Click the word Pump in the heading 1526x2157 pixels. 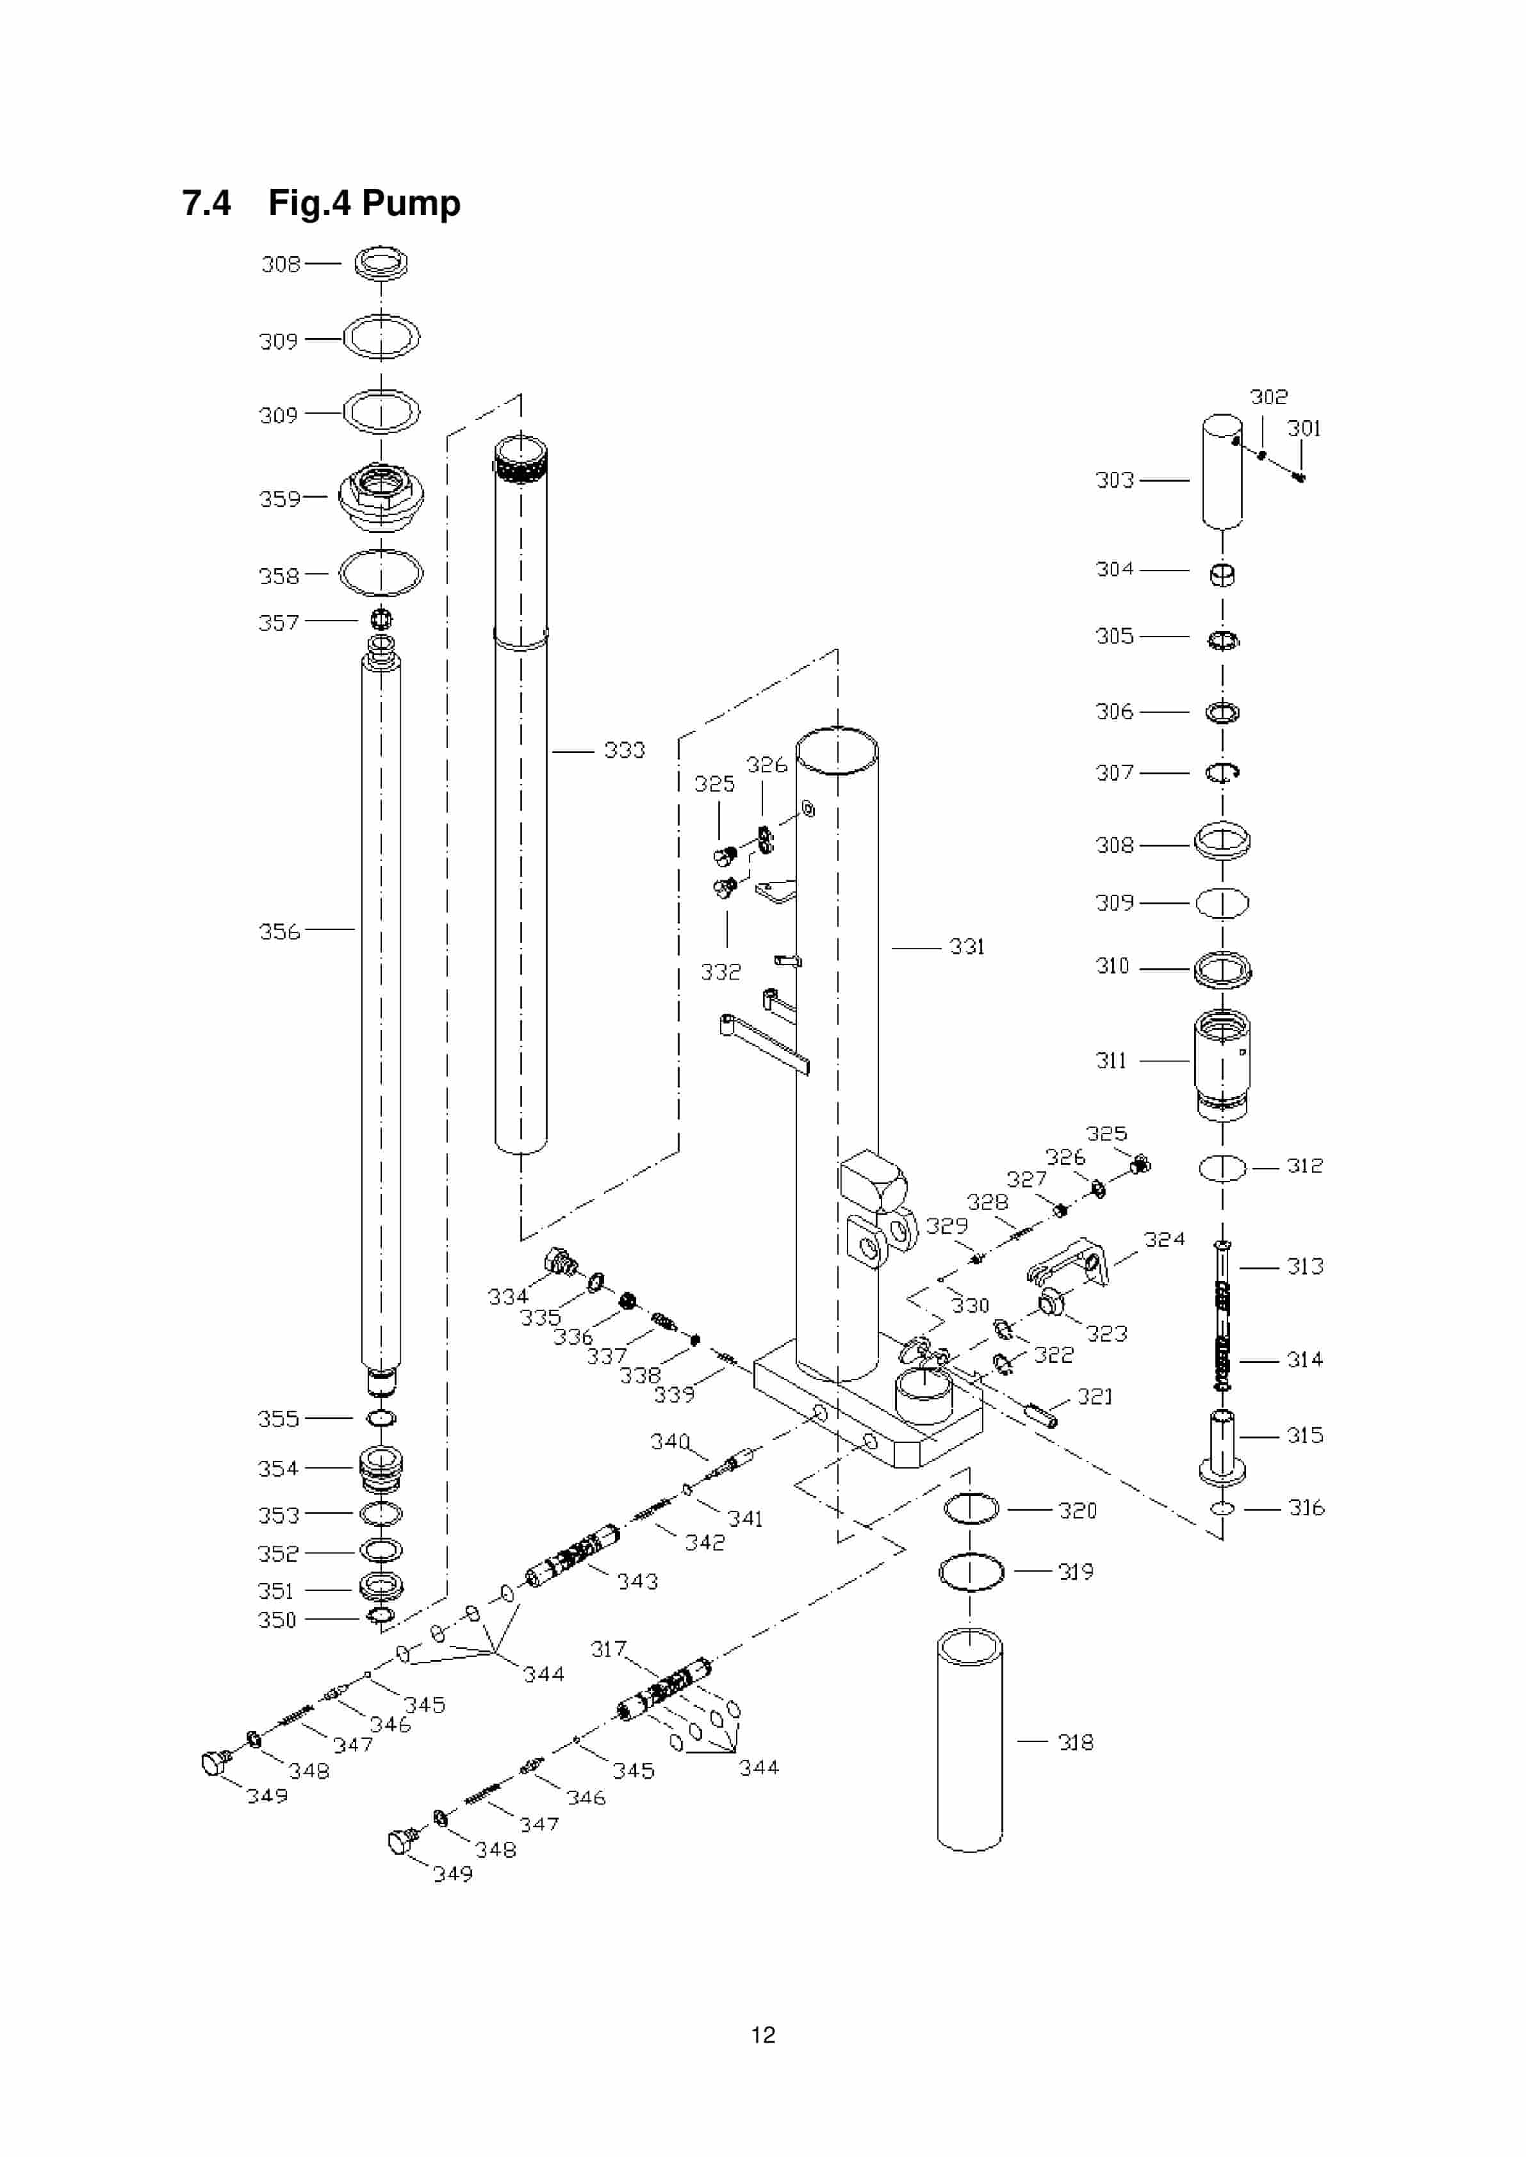pos(411,204)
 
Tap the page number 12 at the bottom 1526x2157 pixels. pos(762,2035)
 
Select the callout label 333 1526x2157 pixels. pos(624,751)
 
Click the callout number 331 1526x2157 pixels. pos(966,947)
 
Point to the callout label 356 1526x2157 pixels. pos(279,932)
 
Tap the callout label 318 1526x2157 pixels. pos(1075,1743)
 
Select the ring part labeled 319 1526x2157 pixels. pos(971,1573)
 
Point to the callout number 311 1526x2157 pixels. pos(1111,1061)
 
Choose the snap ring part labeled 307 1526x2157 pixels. pos(1222,772)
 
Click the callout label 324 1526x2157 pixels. pos(1164,1239)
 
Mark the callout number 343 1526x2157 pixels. pos(637,1582)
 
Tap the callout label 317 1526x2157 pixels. pos(608,1648)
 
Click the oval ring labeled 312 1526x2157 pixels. pos(1222,1168)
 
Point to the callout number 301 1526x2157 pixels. pos(1303,429)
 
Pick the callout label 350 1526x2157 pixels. pos(277,1620)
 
